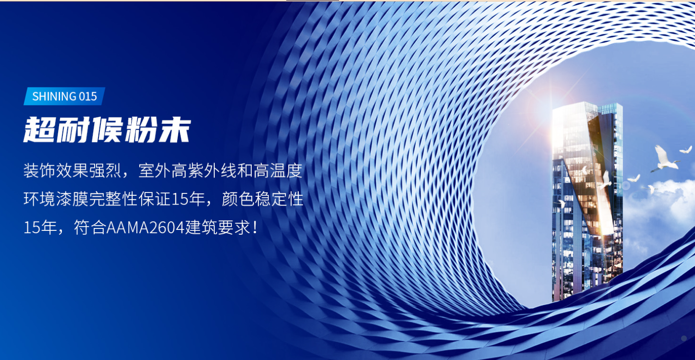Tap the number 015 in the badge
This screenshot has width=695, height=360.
87,96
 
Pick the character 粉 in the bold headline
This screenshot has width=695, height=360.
140,129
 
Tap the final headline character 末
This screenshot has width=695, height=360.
174,129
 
